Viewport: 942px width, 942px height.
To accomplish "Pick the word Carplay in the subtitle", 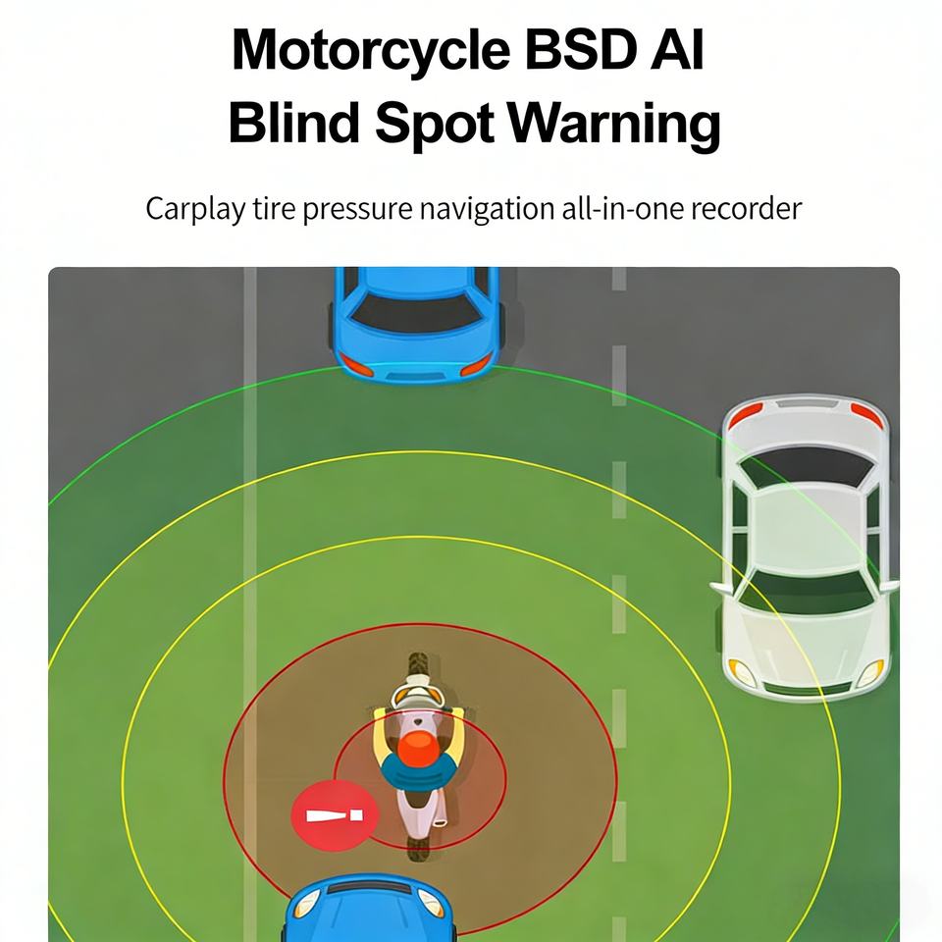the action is (x=195, y=209).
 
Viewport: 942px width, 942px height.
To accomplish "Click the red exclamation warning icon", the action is (x=335, y=815).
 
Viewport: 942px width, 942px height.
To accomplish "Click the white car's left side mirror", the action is (x=721, y=588).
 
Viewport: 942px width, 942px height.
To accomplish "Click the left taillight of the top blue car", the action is (x=356, y=365).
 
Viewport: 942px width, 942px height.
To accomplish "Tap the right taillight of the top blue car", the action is (x=475, y=365).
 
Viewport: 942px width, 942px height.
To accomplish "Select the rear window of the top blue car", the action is (x=416, y=314).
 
